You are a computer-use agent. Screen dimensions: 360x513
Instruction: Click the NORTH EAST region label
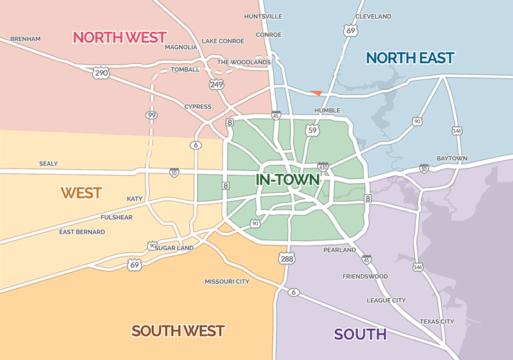pos(410,58)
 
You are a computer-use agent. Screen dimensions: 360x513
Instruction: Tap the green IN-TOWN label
pos(288,180)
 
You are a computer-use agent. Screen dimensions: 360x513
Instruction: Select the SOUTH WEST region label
pos(178,330)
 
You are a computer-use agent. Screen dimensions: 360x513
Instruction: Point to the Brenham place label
pos(26,39)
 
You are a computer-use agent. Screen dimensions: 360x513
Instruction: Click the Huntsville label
pos(263,16)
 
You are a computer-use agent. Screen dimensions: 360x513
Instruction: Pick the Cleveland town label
pos(373,17)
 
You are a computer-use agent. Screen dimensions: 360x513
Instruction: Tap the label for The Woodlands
pos(243,62)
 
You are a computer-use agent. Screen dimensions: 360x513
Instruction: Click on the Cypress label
pos(198,107)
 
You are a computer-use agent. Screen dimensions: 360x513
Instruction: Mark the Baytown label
pos(452,158)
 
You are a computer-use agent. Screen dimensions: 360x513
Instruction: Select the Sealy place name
pos(49,164)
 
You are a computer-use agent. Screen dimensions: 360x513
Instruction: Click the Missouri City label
pos(227,282)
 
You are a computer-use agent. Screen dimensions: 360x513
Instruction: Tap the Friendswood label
pos(365,276)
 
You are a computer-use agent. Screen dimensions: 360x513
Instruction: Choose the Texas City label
pos(437,321)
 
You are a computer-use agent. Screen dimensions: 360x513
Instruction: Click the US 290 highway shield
pos(102,71)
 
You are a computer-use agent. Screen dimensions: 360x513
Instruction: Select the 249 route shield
pos(217,83)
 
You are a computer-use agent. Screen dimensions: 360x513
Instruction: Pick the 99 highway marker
pos(150,114)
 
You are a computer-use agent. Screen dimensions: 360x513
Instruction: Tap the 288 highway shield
pos(286,258)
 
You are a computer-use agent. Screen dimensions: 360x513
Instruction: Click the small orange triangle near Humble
pos(316,93)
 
